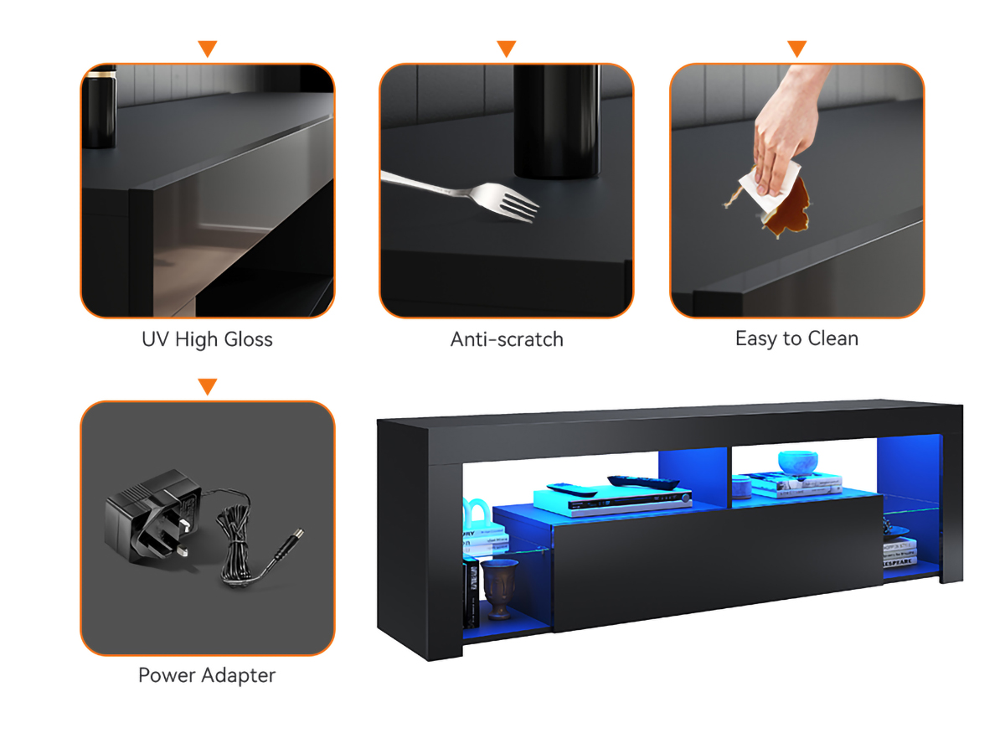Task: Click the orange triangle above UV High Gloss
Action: pos(208,48)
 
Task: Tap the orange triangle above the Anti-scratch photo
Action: pos(507,48)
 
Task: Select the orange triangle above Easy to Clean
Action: pos(796,48)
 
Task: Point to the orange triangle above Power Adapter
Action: pos(208,386)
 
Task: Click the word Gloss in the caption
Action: pos(249,339)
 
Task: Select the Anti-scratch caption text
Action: pos(507,339)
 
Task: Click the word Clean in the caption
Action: pos(832,338)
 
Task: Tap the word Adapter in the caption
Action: pos(239,676)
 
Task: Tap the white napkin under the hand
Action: pos(769,188)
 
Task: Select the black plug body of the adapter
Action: pos(153,517)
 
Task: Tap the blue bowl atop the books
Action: pos(797,462)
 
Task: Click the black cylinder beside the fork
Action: pos(557,121)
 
